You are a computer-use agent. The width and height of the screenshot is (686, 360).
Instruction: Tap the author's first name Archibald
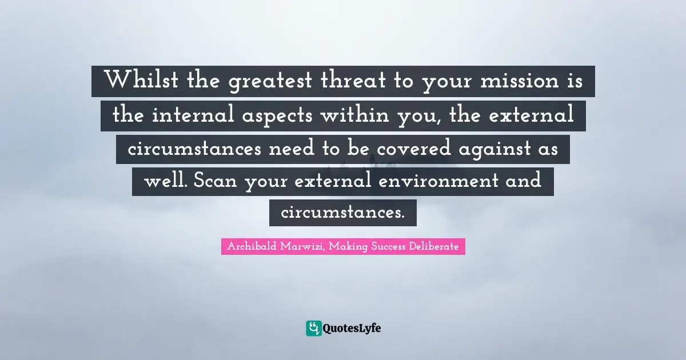click(x=250, y=247)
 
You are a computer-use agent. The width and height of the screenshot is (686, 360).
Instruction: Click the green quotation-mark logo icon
click(x=313, y=328)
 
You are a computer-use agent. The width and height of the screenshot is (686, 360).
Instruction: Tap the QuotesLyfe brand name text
click(x=352, y=329)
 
